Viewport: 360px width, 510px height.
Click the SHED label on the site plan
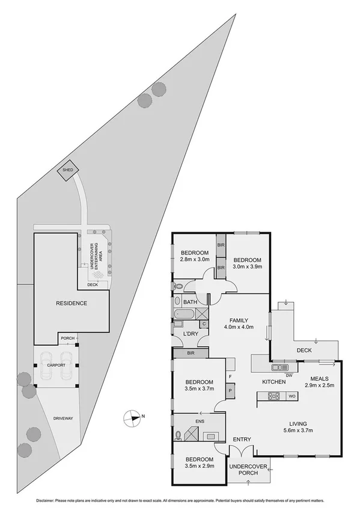(68, 170)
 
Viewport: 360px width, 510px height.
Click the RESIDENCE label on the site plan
(72, 303)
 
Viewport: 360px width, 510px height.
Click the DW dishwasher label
(289, 375)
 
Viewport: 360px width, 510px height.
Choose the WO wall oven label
(291, 396)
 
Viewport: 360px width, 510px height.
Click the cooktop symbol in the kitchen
(274, 396)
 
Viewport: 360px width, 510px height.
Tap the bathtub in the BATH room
(183, 313)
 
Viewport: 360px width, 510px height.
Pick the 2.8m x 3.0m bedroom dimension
(194, 259)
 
